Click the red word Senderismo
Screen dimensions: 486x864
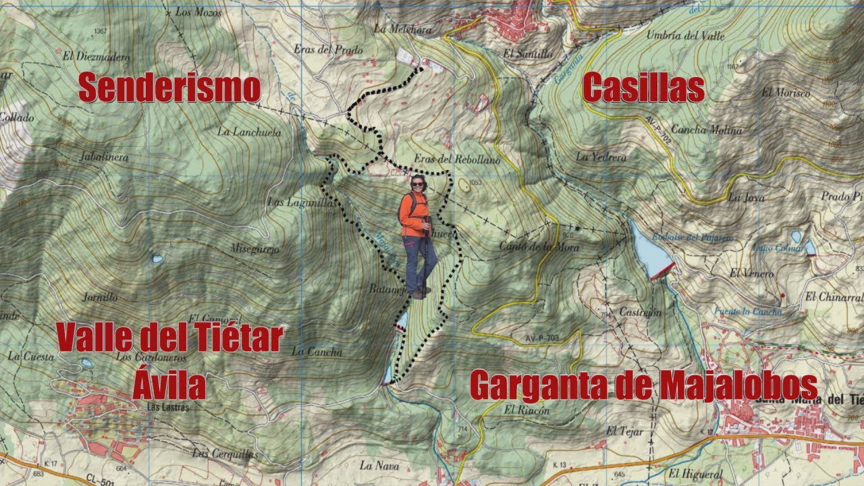coord(169,88)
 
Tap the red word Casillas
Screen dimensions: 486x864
coord(643,88)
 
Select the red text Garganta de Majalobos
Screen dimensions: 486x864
coord(643,386)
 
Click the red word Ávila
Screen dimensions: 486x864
coord(169,387)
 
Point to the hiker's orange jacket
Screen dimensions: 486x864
coord(412,215)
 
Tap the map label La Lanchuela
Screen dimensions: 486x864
coord(249,132)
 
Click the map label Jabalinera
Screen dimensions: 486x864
coord(103,157)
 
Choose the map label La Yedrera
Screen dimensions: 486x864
coord(601,157)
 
